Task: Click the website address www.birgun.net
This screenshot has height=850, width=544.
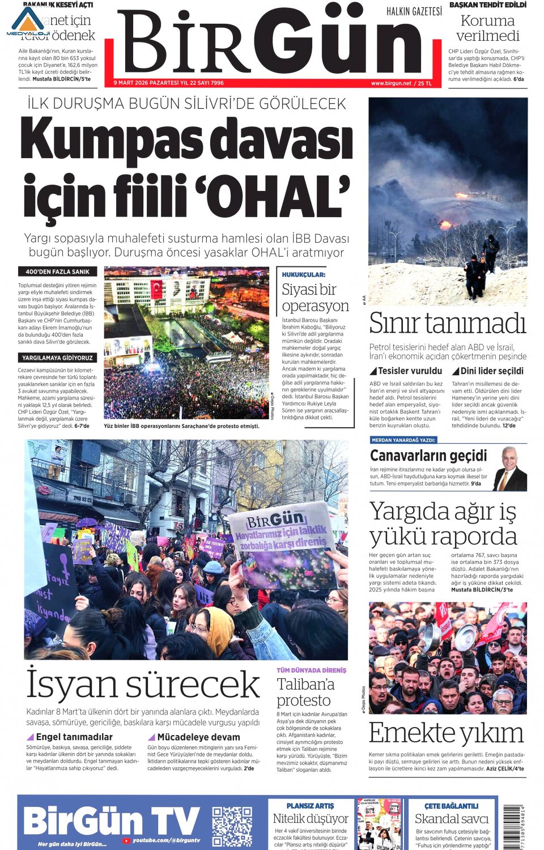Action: tap(391, 83)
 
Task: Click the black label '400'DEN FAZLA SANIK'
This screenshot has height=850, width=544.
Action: tap(57, 271)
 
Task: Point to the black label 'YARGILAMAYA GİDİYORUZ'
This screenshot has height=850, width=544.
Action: tap(57, 358)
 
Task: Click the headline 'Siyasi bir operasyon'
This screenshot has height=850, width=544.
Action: tap(315, 297)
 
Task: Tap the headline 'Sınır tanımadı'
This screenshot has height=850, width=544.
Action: tap(448, 324)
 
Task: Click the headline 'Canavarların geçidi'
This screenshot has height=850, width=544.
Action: tap(428, 456)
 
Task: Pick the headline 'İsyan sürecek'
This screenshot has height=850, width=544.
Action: tap(143, 685)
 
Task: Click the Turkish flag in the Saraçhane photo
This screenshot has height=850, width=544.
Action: tap(156, 289)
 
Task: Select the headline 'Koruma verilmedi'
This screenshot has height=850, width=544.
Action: tap(487, 28)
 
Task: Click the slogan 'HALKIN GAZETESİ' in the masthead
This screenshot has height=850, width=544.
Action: tap(414, 11)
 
